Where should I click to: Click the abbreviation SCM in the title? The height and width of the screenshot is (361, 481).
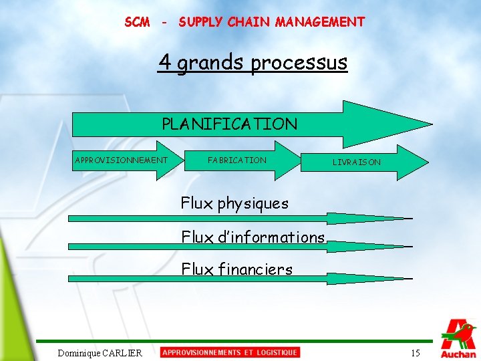(137, 22)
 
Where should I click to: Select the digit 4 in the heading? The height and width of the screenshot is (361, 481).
(164, 62)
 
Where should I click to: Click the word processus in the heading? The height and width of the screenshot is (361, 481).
(299, 63)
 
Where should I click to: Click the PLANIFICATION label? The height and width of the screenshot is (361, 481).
(229, 124)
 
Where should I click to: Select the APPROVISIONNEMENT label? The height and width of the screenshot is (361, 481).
(121, 160)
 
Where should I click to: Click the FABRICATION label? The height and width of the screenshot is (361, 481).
(237, 160)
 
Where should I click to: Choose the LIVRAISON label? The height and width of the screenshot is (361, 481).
(357, 162)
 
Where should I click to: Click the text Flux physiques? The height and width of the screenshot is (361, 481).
(234, 203)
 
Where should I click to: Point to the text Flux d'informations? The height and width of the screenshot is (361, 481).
(253, 237)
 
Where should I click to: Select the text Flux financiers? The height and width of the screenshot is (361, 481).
(237, 269)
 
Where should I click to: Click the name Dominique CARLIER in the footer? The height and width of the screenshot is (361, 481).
(100, 353)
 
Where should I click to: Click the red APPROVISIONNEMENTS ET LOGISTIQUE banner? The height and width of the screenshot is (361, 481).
(230, 352)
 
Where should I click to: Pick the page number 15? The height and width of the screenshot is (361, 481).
(415, 353)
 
